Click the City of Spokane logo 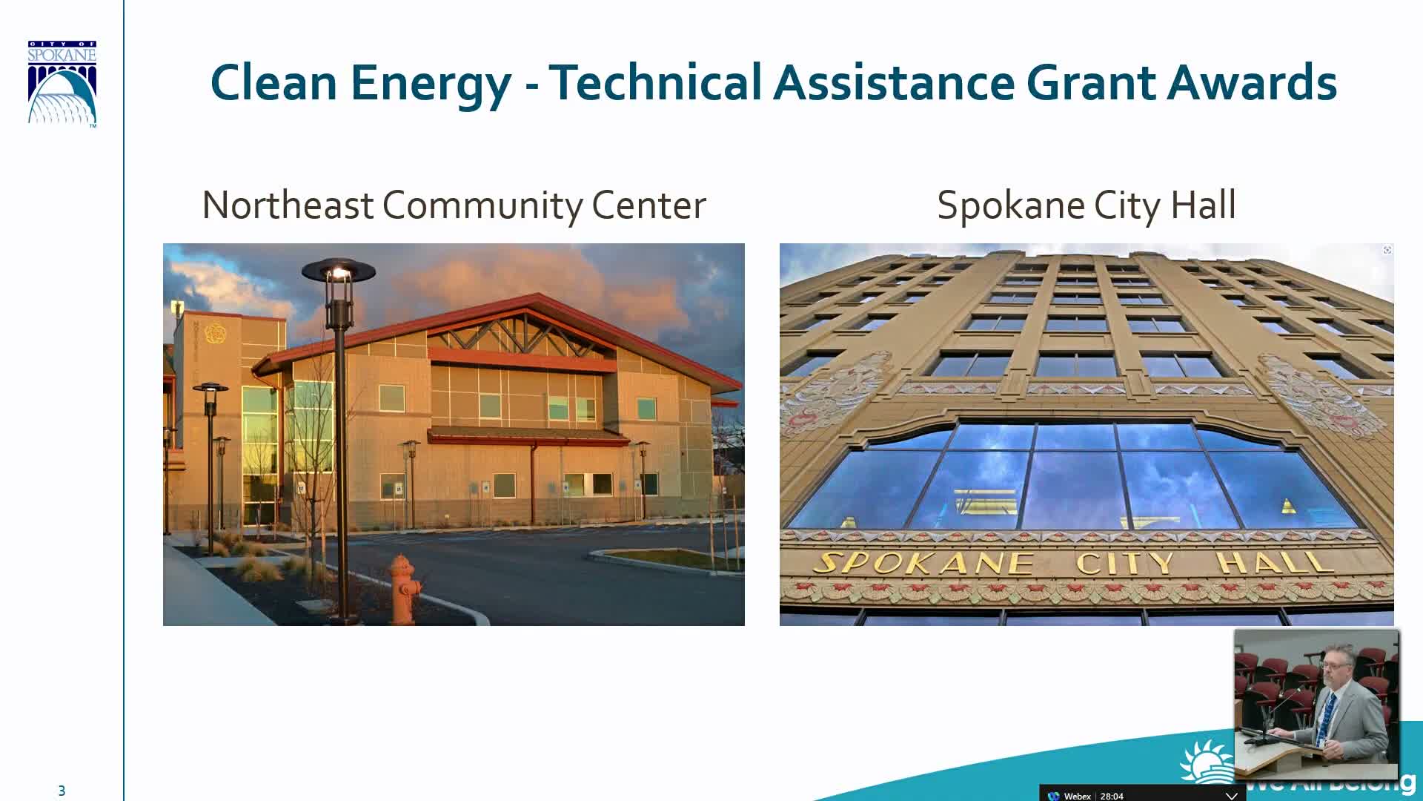pos(62,84)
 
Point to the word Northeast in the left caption pos(288,205)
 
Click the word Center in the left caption pos(649,205)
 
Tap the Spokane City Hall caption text pos(1086,205)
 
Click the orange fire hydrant pos(404,590)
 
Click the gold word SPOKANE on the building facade pos(923,564)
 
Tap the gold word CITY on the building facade pos(1124,564)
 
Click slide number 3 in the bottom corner pos(62,791)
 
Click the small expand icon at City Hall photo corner pos(1387,250)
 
